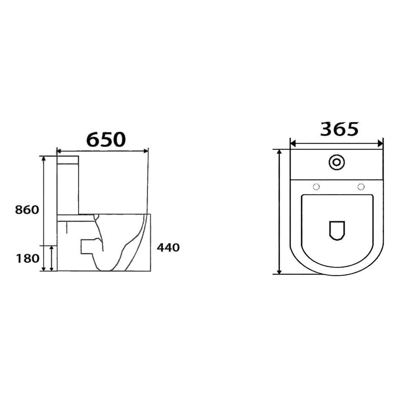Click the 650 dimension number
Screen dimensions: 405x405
[106, 140]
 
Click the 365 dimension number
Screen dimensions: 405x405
[339, 129]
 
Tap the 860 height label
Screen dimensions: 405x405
[27, 210]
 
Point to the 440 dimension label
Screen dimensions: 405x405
[168, 248]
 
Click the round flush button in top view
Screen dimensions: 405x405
[336, 162]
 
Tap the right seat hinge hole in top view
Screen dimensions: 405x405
[361, 186]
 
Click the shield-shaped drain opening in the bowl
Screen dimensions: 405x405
[337, 230]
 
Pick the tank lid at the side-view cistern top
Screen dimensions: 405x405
[68, 160]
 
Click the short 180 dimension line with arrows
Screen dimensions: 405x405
[52, 258]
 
